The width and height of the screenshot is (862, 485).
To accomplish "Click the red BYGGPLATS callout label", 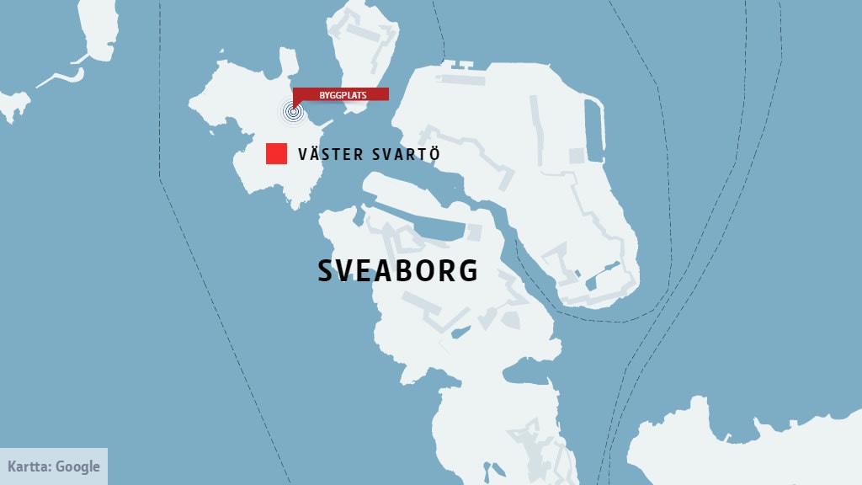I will click(341, 94).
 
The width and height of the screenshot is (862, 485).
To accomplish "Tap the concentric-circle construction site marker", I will click(292, 110).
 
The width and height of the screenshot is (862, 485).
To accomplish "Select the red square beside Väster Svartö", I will click(276, 154).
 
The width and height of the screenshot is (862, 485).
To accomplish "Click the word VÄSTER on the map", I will click(329, 155).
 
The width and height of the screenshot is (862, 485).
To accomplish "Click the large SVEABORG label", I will click(397, 270).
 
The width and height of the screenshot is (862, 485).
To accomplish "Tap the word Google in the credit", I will click(77, 466).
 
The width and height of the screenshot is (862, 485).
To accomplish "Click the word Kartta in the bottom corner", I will click(29, 466).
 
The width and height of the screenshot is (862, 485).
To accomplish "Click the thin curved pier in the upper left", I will click(63, 77).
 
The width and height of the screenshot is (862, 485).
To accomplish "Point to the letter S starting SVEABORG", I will click(326, 270).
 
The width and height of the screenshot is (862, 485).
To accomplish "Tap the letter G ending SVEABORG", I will click(469, 270).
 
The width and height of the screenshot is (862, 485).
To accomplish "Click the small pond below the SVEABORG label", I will click(460, 333).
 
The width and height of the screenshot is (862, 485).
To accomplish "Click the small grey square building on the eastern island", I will click(577, 156).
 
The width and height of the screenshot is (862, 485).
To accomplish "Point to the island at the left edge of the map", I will click(13, 105).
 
